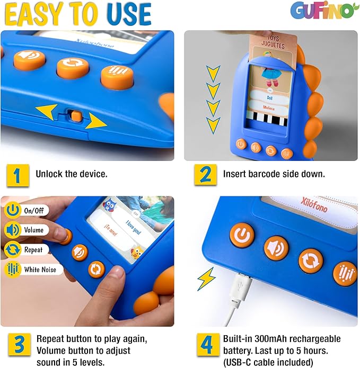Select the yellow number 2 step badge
click(205, 175)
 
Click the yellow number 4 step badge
click(205, 345)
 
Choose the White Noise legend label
click(42, 269)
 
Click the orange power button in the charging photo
click(242, 236)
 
